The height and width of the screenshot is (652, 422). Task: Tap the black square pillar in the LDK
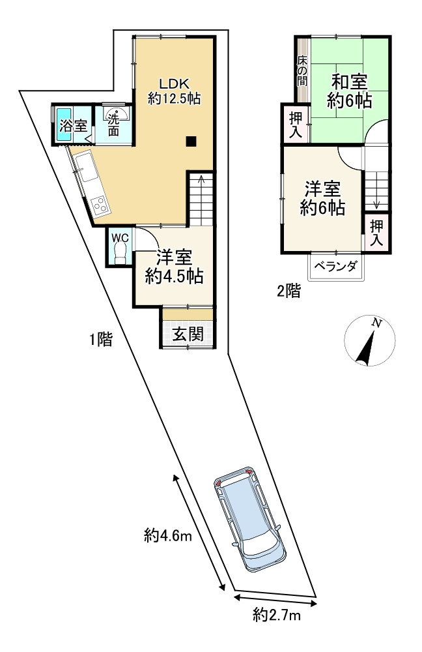pos(190,140)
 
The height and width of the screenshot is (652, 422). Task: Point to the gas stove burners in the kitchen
pos(101,203)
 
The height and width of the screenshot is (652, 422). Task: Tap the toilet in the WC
pos(120,256)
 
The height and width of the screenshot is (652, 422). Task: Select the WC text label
pos(120,237)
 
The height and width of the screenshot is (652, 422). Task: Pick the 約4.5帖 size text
pos(174,276)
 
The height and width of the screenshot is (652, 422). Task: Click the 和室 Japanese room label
pos(349,83)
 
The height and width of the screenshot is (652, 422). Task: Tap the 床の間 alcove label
pos(302,72)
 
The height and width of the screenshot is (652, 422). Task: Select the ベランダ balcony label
pos(335,266)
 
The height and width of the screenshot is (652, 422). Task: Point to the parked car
pos(249,519)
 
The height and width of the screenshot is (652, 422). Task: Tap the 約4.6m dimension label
pos(167,536)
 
